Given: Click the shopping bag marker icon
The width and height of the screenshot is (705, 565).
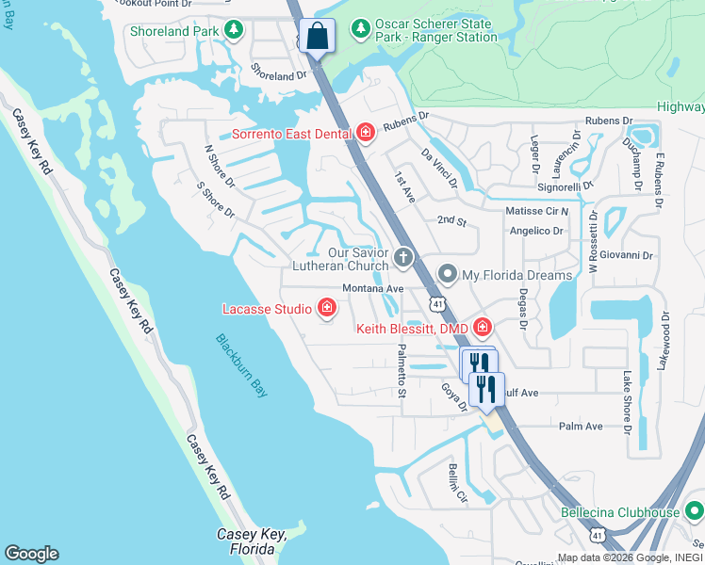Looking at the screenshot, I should [318, 38].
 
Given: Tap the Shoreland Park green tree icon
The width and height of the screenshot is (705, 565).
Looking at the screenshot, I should [235, 31].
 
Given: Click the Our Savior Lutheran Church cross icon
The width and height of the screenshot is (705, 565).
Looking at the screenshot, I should [404, 257].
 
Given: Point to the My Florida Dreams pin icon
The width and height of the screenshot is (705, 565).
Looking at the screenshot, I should [448, 275].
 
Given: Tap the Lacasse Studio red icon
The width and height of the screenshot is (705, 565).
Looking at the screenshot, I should [327, 308].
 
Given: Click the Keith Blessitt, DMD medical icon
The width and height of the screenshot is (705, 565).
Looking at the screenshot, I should [483, 328].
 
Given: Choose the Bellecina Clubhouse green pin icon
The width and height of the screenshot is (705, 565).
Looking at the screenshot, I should [694, 512].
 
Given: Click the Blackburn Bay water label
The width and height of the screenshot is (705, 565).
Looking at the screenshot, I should [240, 365].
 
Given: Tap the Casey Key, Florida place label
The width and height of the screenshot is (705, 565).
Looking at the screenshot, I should [251, 541].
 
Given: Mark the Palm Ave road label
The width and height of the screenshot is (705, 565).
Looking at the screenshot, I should [581, 426].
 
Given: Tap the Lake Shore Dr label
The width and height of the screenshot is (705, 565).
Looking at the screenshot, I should [626, 394].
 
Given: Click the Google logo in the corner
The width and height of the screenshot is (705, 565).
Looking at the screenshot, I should [32, 554].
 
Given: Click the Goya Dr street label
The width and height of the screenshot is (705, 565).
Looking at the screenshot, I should [455, 396].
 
